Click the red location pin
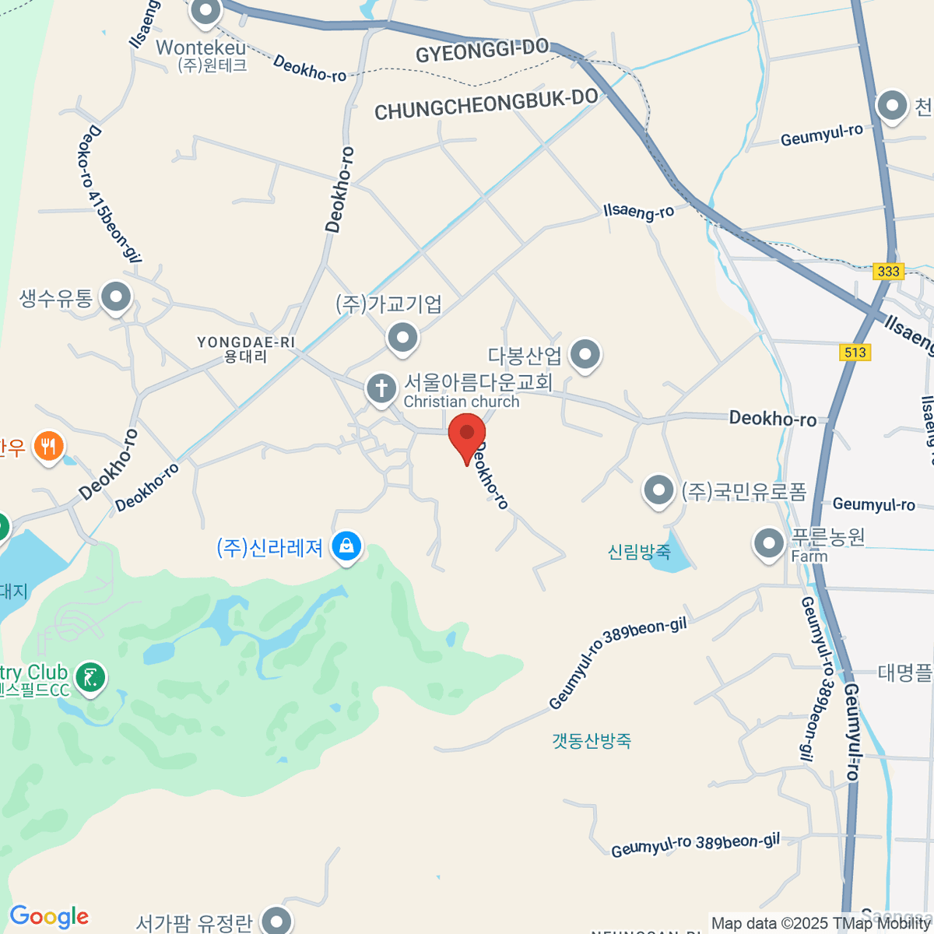[x=467, y=434]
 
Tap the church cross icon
[x=381, y=388]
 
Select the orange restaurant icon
[x=48, y=447]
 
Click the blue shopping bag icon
[x=346, y=546]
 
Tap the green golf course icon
[x=92, y=677]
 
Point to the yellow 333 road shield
[x=888, y=271]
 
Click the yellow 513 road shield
[x=855, y=353]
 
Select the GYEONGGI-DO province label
[x=483, y=51]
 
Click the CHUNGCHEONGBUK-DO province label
[x=486, y=104]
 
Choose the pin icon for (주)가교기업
[x=402, y=338]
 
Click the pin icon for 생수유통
[x=117, y=297]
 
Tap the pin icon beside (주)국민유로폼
[x=658, y=490]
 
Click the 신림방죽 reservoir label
[x=639, y=552]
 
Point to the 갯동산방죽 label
[x=592, y=740]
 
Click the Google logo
[x=49, y=916]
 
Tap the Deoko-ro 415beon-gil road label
[x=111, y=194]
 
